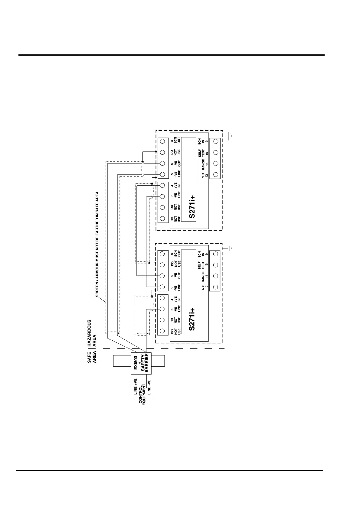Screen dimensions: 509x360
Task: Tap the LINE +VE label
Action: [136, 387]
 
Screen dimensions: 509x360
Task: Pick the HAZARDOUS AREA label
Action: [92, 333]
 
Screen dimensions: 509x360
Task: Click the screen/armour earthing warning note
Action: [97, 244]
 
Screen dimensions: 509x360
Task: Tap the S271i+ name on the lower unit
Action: [191, 319]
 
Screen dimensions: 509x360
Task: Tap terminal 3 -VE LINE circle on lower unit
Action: [162, 309]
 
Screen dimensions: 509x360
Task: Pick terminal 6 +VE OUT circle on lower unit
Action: [162, 276]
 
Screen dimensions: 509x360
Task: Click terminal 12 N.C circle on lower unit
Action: [216, 287]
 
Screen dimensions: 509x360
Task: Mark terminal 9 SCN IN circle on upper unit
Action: [216, 141]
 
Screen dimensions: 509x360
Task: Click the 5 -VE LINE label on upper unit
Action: [176, 174]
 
